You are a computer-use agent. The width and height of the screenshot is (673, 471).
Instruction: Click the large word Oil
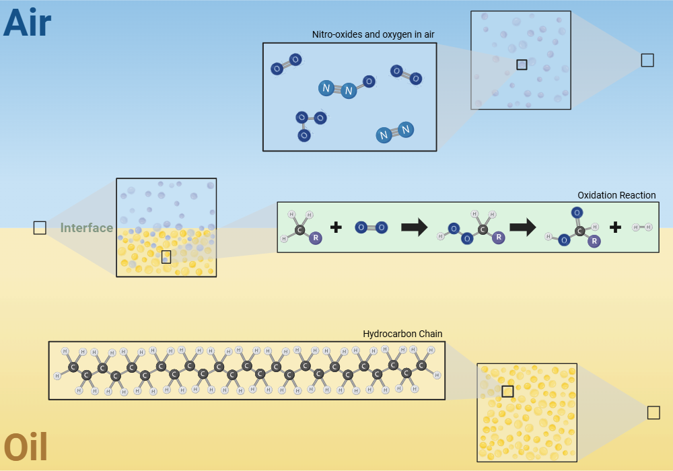[26, 447]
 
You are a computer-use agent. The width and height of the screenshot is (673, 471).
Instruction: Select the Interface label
[87, 228]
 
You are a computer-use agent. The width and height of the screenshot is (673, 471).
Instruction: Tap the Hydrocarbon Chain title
[402, 334]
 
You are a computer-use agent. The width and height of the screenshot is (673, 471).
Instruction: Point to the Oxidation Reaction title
[616, 195]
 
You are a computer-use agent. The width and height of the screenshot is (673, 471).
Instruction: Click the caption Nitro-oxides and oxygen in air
[373, 34]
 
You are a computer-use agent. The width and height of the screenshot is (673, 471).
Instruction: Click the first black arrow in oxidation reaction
[414, 227]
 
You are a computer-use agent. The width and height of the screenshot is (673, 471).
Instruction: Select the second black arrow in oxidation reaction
[522, 227]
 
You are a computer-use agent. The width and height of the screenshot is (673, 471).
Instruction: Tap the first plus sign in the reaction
[336, 227]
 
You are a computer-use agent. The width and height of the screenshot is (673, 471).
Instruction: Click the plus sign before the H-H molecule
[615, 227]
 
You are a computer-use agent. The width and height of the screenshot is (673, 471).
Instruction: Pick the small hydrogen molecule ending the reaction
[642, 227]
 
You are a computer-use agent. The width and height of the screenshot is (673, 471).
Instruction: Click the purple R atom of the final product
[594, 242]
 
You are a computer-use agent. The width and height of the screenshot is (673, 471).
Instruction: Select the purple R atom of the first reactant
[316, 238]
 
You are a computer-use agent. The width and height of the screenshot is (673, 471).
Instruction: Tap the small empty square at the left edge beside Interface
[40, 228]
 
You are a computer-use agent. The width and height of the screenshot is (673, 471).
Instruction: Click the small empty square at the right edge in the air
[647, 61]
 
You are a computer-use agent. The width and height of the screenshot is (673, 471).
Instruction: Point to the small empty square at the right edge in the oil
[653, 413]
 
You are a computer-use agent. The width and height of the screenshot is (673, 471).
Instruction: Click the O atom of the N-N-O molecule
[369, 81]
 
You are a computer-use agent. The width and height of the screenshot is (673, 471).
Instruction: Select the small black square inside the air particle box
[522, 65]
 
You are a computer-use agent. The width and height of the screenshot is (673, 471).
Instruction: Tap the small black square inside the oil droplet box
[507, 392]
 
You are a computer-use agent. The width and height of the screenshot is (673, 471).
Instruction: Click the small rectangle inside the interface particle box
[166, 257]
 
